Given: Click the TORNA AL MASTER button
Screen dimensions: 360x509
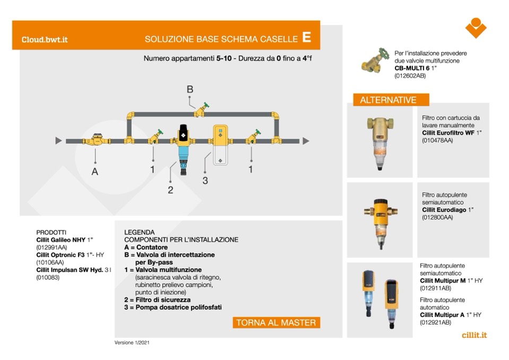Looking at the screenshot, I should (x=276, y=322).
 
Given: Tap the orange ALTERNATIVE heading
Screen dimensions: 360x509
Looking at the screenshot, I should (x=388, y=100).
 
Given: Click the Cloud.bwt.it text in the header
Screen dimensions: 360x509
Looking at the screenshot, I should (x=45, y=39).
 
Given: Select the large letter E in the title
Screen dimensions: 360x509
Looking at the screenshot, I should (x=306, y=37).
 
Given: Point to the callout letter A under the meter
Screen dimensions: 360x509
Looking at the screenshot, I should (x=95, y=172).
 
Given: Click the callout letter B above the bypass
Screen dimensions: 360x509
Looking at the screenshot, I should (x=190, y=89).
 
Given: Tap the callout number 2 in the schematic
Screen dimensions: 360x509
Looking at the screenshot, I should (x=170, y=190).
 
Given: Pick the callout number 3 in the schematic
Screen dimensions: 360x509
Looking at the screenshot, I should (x=205, y=181).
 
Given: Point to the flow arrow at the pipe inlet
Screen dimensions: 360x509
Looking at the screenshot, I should (x=58, y=141).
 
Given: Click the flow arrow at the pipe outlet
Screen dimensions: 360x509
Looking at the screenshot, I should (x=305, y=141).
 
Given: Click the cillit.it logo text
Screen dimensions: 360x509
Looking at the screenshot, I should (x=474, y=335).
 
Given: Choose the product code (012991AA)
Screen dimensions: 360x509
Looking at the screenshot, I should (x=51, y=247).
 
